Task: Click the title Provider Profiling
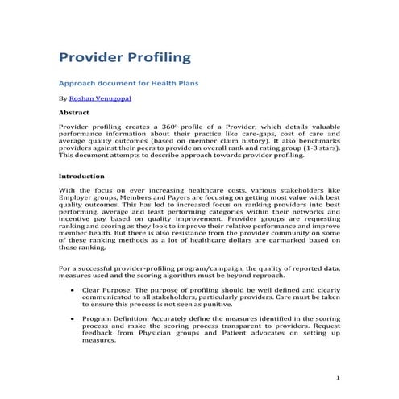pos(125,57)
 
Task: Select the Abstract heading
pos(74,113)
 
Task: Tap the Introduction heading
pos(82,175)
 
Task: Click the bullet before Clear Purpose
pos(74,288)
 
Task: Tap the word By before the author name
pos(63,98)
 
